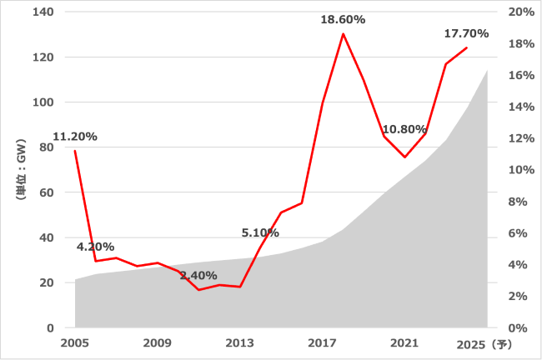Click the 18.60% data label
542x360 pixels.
point(343,19)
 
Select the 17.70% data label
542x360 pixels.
point(465,34)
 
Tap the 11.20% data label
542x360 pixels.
point(75,137)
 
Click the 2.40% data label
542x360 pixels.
point(198,275)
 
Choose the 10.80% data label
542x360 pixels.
point(404,129)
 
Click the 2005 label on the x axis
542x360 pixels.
point(75,342)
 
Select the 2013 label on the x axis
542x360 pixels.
point(240,342)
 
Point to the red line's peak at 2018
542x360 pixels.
point(343,34)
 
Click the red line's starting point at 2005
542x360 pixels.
point(75,151)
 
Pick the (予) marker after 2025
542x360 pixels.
point(500,342)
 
